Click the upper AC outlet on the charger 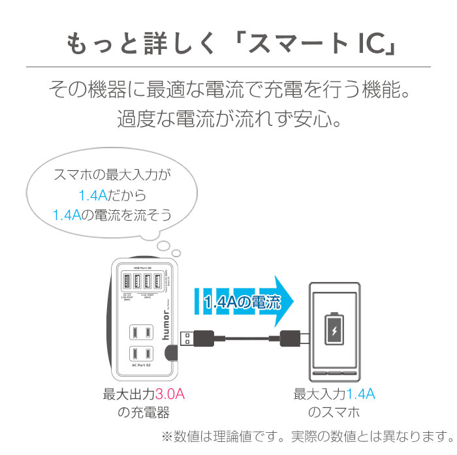(140, 331)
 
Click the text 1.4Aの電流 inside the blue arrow (242, 302)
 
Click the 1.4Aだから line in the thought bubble (112, 195)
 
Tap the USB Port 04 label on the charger (142, 268)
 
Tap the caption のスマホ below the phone (334, 413)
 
